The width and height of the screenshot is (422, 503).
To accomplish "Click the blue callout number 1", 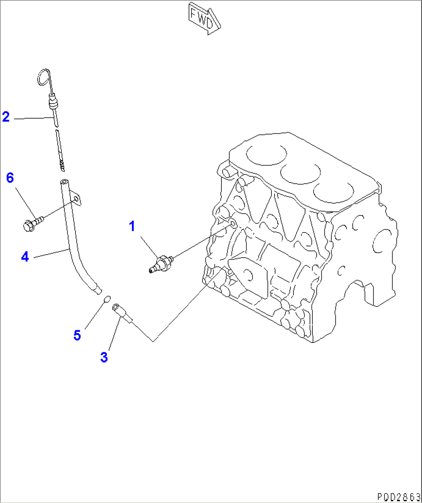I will tap(132, 226).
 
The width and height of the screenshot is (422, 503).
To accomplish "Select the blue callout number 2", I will tap(6, 116).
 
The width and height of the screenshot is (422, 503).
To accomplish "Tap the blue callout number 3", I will tap(104, 357).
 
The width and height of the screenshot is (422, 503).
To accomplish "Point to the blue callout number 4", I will tap(25, 256).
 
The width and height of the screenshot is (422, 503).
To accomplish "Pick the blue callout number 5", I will tap(77, 335).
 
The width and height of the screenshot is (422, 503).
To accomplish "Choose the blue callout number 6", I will tap(10, 178).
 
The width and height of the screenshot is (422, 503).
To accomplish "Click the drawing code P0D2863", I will tap(398, 496).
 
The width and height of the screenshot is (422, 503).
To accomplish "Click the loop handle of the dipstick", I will tap(44, 77).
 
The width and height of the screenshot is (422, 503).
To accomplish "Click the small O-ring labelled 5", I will tap(107, 298).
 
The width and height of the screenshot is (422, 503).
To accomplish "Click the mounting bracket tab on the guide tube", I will tap(77, 200).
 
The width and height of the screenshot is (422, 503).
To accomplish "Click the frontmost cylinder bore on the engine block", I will tap(333, 193).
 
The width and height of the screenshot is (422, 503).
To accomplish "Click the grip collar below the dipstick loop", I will tap(53, 103).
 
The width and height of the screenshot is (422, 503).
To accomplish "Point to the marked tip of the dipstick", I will tap(62, 166).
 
